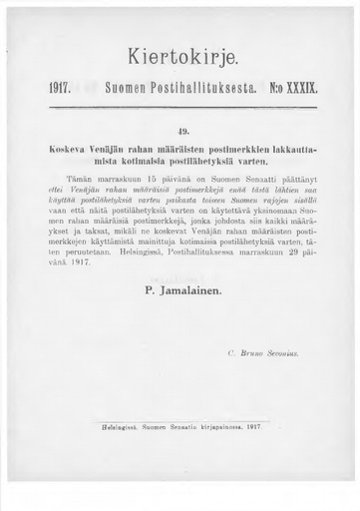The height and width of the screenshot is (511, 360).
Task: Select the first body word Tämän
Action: [x=82, y=175]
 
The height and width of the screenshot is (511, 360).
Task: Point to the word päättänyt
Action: [x=294, y=175]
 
